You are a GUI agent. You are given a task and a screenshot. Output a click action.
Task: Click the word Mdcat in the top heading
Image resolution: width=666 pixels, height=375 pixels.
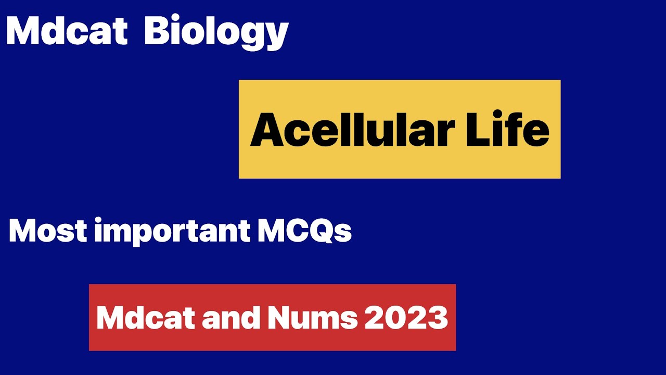[x=66, y=31]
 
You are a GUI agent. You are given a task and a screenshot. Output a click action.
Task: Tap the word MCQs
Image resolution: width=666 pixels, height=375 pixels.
[x=304, y=231]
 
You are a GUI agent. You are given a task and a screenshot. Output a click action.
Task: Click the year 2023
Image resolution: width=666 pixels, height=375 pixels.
[x=406, y=317]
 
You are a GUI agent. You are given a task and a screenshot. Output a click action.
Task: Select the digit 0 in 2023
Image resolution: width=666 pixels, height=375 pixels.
[x=396, y=317]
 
